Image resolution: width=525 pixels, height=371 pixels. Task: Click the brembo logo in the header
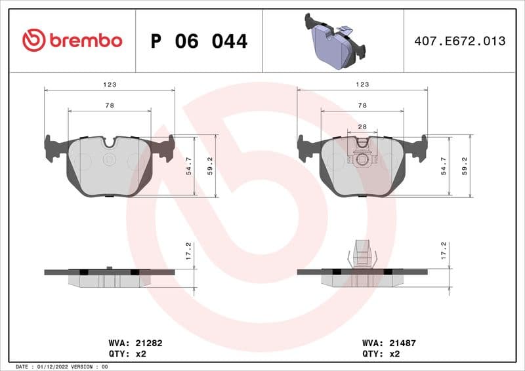(x=72, y=41)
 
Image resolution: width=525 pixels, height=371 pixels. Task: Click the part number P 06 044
(x=199, y=41)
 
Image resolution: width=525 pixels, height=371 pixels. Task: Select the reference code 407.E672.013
(x=459, y=41)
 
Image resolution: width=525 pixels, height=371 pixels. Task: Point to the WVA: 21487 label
(x=389, y=343)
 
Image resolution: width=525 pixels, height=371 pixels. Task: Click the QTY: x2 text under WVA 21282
(x=127, y=353)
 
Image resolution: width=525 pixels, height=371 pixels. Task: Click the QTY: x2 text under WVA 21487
(x=381, y=353)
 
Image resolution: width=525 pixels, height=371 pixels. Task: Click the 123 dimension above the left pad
(x=110, y=85)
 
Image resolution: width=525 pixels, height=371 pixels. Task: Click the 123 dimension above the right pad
(x=362, y=85)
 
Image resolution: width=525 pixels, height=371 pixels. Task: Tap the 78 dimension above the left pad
(x=110, y=106)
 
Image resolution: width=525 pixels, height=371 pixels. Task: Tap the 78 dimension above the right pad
(x=362, y=106)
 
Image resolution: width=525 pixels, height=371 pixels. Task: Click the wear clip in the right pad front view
(x=362, y=156)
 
